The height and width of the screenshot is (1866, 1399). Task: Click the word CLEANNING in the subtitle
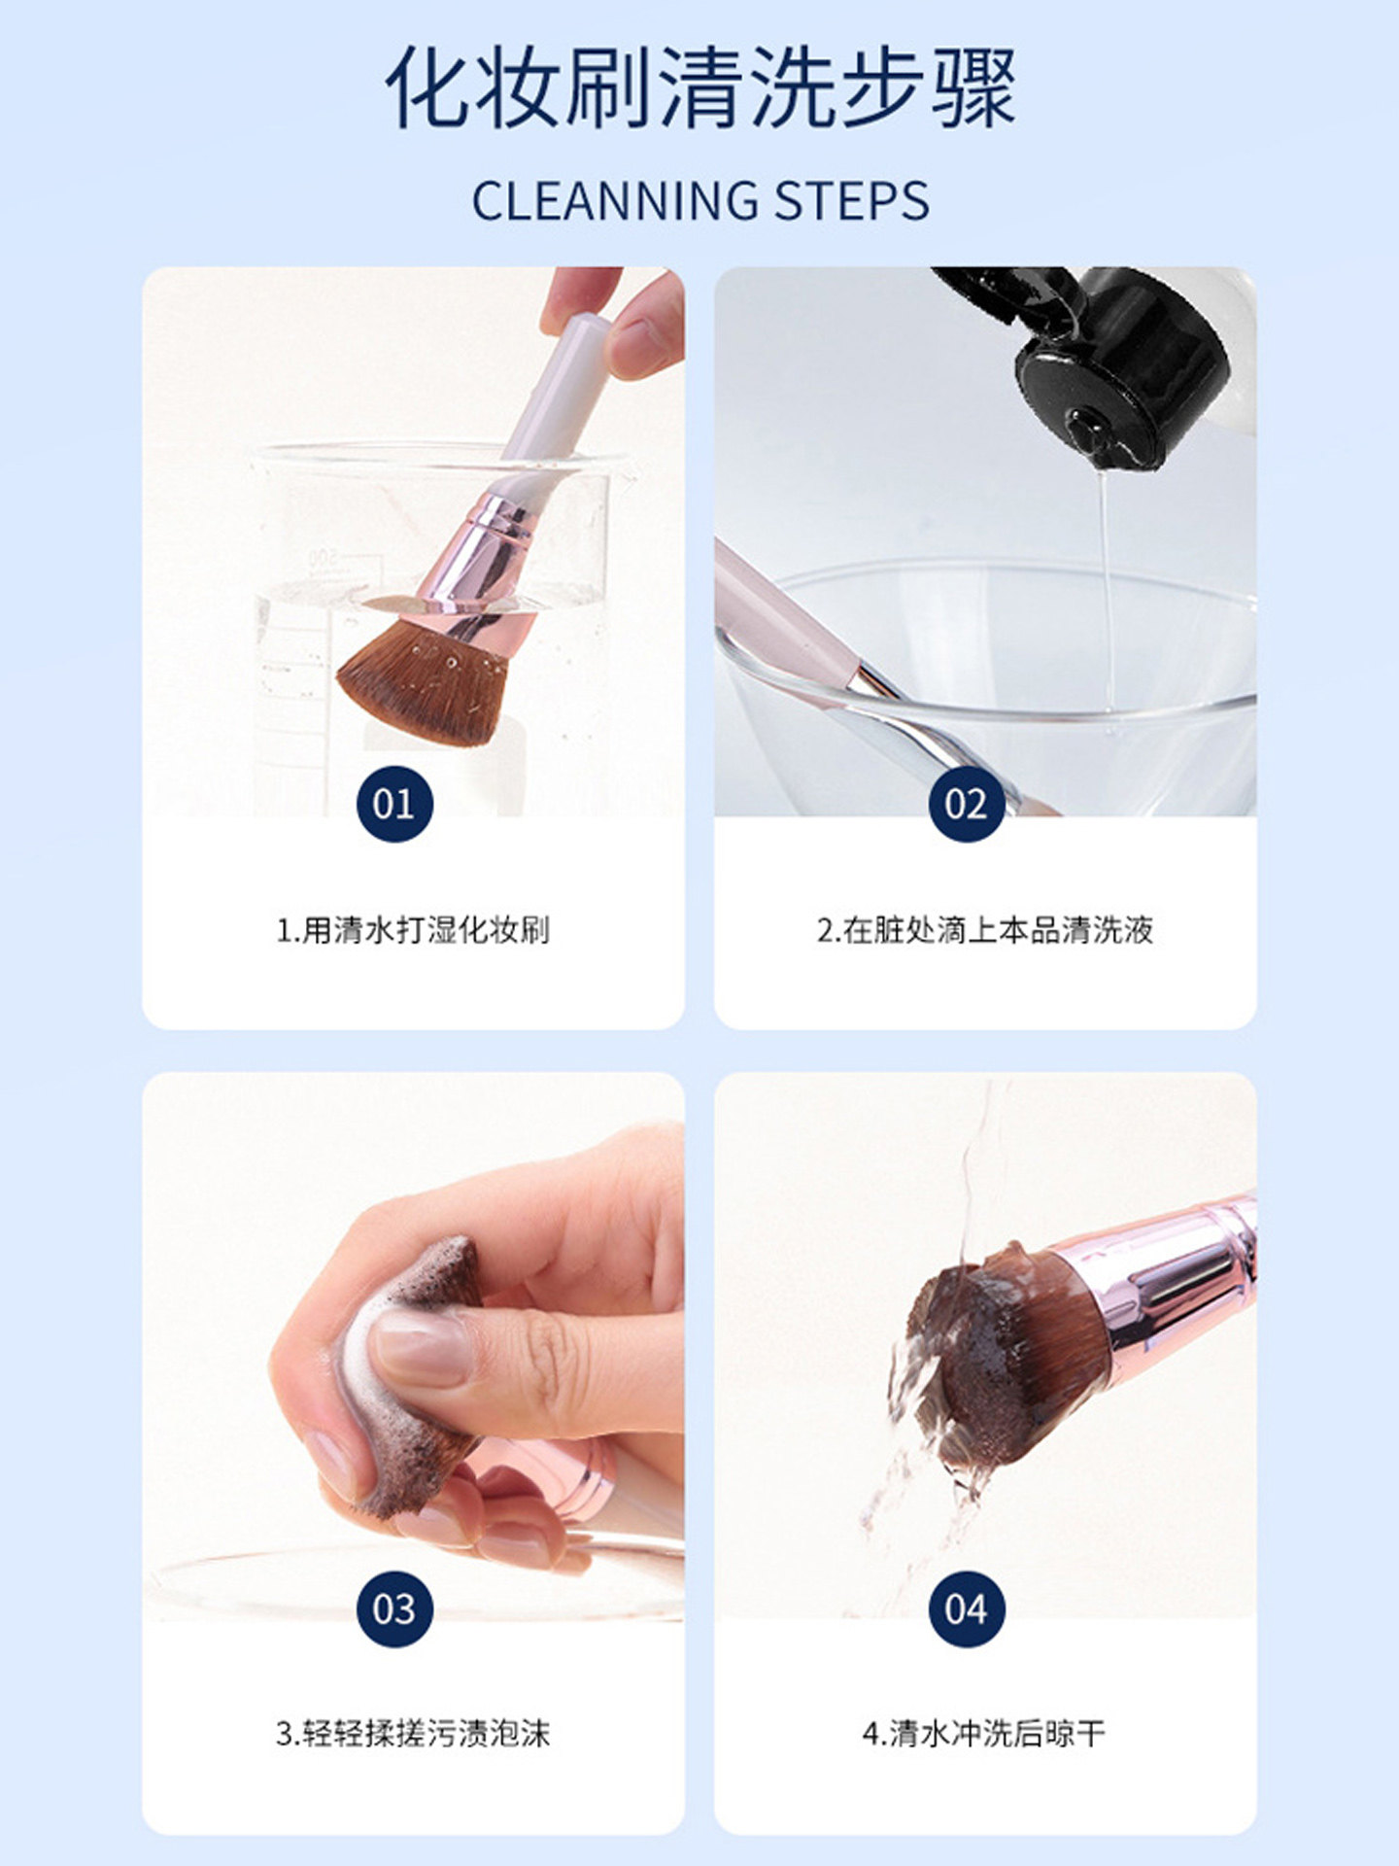tap(615, 200)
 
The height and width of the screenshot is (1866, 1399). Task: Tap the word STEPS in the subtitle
tap(851, 200)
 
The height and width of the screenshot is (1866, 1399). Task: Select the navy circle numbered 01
tap(394, 804)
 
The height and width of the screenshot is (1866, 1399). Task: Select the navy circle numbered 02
tap(966, 804)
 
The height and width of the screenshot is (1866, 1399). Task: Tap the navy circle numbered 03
tap(394, 1608)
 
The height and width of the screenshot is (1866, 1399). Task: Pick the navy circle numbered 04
tap(966, 1608)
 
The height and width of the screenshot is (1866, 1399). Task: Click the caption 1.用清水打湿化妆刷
tap(413, 930)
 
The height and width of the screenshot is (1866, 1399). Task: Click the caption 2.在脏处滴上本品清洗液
tap(985, 930)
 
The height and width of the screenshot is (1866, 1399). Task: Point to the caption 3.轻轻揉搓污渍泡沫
tap(413, 1733)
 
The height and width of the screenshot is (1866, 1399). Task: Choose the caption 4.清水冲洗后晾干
tap(984, 1733)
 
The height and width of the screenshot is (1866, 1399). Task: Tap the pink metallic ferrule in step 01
tap(477, 564)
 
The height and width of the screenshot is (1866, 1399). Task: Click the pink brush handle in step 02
tap(783, 612)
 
